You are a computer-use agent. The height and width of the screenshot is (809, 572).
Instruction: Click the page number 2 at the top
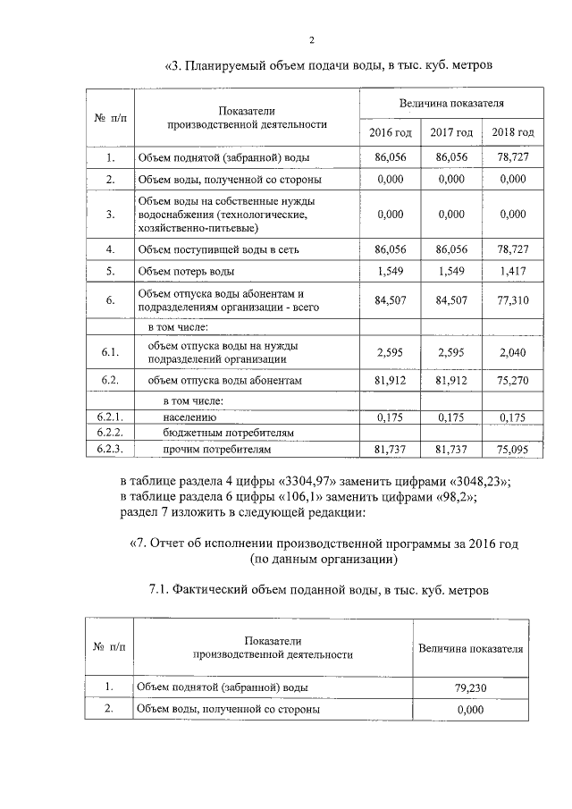312,39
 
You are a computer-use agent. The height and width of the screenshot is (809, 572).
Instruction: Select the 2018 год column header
513,132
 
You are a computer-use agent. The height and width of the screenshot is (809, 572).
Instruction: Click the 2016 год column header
391,132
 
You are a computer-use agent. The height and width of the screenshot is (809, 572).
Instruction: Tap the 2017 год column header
451,132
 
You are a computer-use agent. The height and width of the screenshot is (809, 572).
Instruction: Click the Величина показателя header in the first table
451,104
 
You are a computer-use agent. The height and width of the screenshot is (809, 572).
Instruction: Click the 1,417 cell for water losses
513,270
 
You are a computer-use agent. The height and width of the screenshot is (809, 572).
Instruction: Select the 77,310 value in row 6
513,300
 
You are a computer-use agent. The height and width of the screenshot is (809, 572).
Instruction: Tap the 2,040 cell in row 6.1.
513,352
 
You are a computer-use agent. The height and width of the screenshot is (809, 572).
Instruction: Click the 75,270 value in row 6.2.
513,381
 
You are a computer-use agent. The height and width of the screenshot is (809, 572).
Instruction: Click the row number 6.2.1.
110,417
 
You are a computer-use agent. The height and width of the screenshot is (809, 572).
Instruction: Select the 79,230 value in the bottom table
469,688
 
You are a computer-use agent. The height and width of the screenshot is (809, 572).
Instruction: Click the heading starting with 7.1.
319,590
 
